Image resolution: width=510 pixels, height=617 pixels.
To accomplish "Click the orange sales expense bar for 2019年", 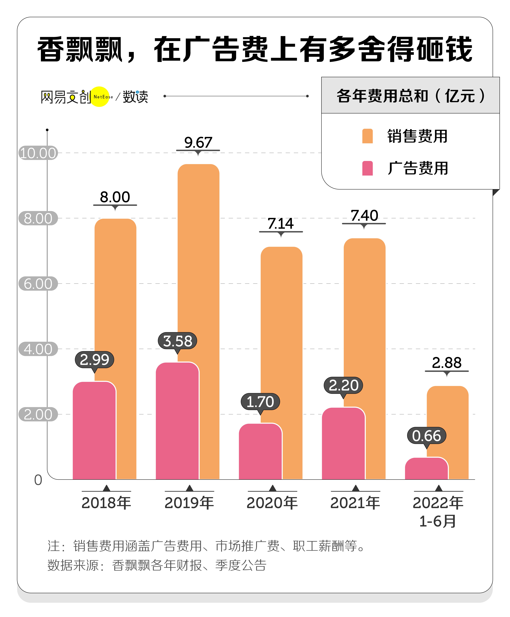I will (209, 264).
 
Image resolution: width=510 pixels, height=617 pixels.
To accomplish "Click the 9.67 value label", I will (198, 143).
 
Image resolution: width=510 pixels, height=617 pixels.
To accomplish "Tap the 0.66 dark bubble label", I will (426, 436).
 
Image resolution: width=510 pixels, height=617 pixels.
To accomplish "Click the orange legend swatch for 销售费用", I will (367, 136).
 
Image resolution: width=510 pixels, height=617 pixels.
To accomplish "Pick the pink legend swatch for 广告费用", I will (367, 168).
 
